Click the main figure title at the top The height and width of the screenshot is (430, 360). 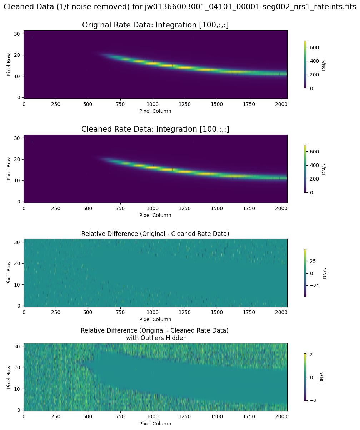pos(180,6)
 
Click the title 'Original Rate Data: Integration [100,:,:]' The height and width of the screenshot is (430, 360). pos(155,25)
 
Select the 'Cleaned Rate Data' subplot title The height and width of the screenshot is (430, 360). pos(155,129)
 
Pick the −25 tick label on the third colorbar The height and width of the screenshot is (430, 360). pos(314,285)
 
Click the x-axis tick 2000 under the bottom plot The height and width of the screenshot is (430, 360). pos(281,417)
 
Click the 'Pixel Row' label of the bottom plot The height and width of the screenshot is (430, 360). pos(9,377)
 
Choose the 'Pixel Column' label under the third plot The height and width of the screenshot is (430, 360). pos(155,319)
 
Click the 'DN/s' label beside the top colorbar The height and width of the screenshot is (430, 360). pos(324,65)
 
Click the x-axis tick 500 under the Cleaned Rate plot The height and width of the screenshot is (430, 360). pos(88,208)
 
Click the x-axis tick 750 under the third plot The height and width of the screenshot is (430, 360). pos(120,313)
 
